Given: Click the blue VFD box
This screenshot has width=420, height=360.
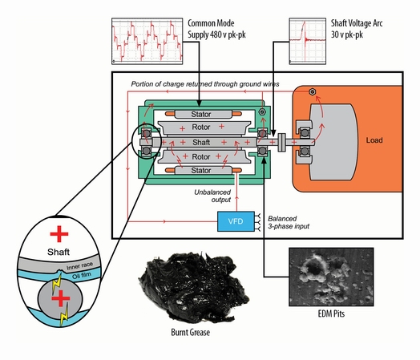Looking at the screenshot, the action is point(236,221).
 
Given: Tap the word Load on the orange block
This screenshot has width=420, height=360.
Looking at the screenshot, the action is point(374,140).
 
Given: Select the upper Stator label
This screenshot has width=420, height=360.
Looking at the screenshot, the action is point(201,115).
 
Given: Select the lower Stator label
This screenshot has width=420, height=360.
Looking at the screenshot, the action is point(201,170).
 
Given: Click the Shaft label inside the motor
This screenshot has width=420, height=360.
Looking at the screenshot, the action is point(201,142).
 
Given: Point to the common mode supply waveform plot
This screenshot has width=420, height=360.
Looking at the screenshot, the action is point(147,41).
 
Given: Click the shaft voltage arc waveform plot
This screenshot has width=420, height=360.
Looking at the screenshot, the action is point(308,41).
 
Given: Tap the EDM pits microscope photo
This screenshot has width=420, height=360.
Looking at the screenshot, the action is point(331,277).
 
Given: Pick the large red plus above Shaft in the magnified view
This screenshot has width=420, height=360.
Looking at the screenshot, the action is point(59,234).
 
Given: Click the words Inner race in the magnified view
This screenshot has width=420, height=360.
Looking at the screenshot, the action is point(80,265).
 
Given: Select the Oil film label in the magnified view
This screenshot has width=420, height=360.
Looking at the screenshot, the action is point(82,275).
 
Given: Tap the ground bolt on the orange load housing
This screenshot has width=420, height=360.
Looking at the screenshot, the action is point(312,91).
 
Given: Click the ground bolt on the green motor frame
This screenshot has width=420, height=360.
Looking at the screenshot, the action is point(262,112).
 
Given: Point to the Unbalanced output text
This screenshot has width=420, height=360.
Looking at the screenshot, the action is point(212,196).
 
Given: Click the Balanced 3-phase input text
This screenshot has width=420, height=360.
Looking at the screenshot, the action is point(289,222).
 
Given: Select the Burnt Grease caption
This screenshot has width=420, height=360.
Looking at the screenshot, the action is point(190,333).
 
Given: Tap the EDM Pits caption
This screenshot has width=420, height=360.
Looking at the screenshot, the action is point(331,313).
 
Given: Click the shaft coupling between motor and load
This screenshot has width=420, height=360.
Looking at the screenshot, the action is point(281,142).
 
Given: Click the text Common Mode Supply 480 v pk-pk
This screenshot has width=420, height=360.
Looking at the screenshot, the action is point(216,29).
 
